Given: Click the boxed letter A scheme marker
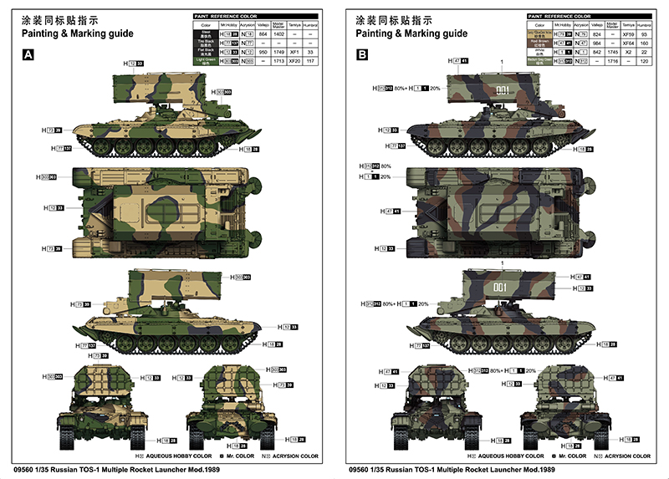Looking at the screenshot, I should [28, 55].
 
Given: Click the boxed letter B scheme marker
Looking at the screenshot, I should [362, 55].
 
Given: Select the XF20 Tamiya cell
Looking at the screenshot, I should [294, 60].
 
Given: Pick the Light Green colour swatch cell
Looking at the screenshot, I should [205, 60].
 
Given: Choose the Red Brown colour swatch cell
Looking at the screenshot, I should [540, 43].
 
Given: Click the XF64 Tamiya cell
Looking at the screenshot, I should [627, 43].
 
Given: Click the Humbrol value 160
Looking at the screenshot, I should [643, 43].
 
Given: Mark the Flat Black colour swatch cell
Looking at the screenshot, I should [205, 51].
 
